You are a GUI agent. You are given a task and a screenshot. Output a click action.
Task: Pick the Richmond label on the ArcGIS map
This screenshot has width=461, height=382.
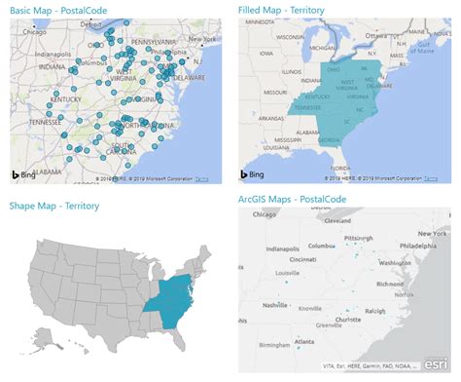tap(394, 284)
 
